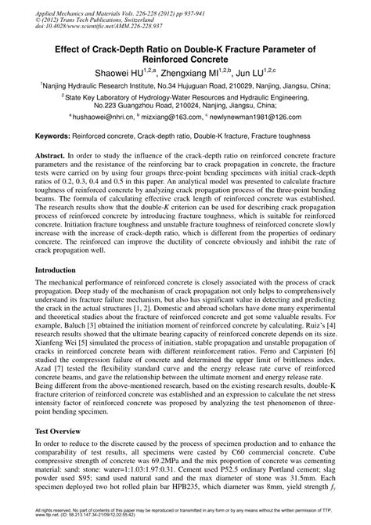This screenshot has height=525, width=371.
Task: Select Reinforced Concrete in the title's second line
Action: coord(185,59)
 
